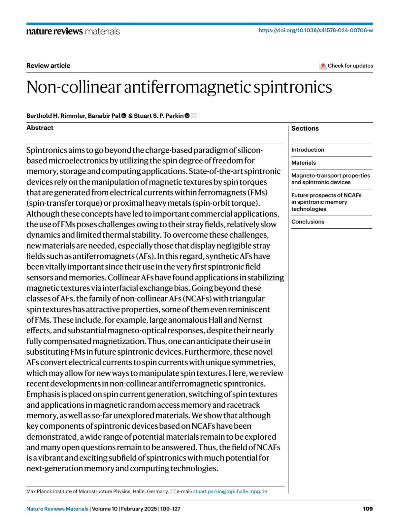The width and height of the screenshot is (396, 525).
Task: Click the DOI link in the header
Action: (x=315, y=30)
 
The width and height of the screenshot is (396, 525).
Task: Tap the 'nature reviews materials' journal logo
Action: (x=73, y=31)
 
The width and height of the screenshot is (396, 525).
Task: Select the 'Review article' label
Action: (x=48, y=66)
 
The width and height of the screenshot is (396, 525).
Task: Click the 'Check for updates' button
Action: (x=346, y=66)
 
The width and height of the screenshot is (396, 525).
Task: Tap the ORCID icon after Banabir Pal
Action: (x=124, y=116)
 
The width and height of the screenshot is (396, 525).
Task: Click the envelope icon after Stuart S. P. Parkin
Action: (x=194, y=116)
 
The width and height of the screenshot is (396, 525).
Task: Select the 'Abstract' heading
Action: (x=40, y=128)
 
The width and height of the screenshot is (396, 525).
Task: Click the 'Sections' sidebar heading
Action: (x=305, y=129)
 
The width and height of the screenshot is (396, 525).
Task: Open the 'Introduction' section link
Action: (x=308, y=150)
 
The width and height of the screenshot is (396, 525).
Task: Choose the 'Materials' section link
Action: (x=303, y=163)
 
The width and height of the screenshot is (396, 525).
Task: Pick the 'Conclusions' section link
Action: (x=308, y=222)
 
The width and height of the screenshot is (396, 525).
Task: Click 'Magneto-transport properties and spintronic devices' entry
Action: (x=330, y=179)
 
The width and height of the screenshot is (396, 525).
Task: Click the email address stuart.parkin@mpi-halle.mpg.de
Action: (x=230, y=491)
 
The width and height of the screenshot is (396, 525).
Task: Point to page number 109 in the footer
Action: (x=368, y=509)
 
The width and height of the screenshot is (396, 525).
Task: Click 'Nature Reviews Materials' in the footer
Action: (x=57, y=509)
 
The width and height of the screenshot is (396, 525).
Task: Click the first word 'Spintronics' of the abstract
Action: (x=47, y=150)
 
